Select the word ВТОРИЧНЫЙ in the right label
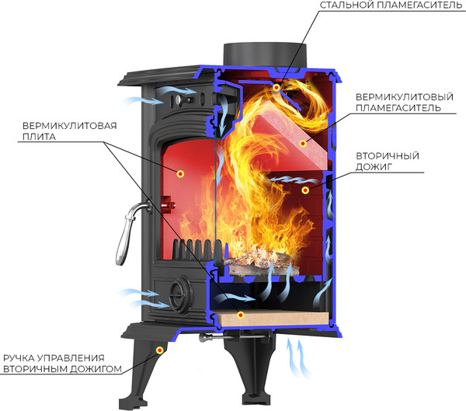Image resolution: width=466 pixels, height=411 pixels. (x=386, y=155)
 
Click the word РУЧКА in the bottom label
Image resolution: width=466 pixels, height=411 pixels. (x=21, y=359)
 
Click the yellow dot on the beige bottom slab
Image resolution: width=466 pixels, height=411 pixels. (x=241, y=315)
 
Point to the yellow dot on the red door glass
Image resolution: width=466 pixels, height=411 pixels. (x=179, y=172)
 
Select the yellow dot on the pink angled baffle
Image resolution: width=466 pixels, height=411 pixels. (x=304, y=143)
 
